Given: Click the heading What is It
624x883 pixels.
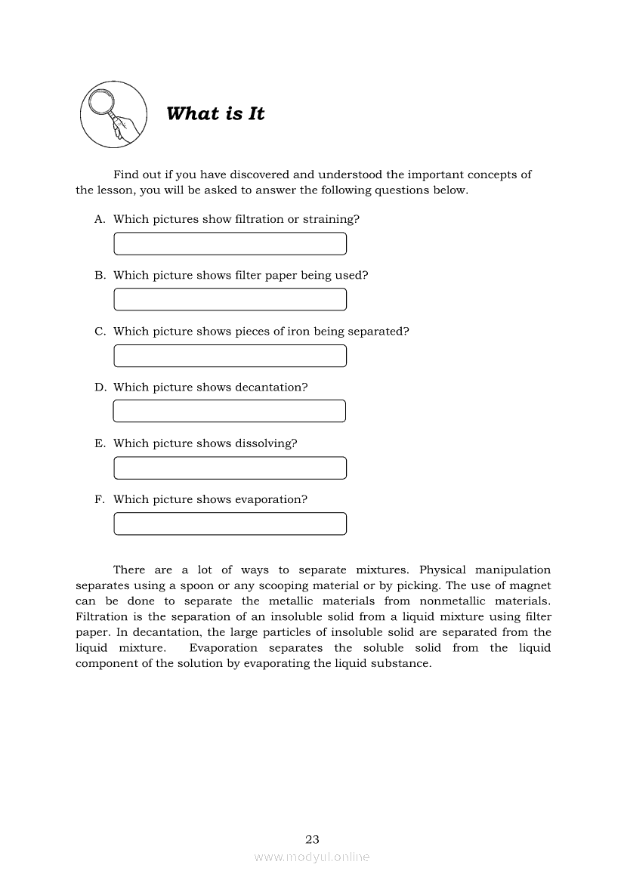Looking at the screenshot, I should [215, 114].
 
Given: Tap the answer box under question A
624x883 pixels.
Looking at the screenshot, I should [230, 244].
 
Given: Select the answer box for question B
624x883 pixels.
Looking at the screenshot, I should [230, 300].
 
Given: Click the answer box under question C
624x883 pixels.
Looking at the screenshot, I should [230, 356].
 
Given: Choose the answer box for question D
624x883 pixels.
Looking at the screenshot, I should [229, 412].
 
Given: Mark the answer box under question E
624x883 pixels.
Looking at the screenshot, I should [230, 468].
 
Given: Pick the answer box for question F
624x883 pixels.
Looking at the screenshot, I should [230, 523].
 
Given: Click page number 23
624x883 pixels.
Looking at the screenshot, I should [312, 839].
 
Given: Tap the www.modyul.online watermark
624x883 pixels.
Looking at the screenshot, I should [312, 857].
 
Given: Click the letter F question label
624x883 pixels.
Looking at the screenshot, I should [98, 499].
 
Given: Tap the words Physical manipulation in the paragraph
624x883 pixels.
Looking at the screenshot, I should [484, 570].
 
